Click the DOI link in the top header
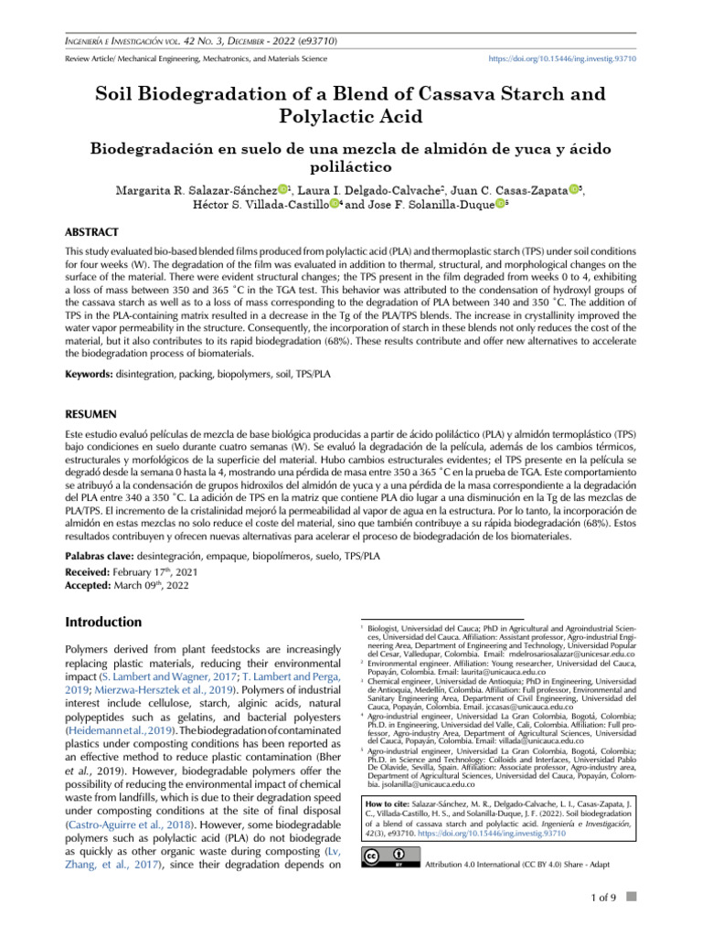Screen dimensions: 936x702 tap(569, 58)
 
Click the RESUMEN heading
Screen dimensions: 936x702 tap(90, 412)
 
